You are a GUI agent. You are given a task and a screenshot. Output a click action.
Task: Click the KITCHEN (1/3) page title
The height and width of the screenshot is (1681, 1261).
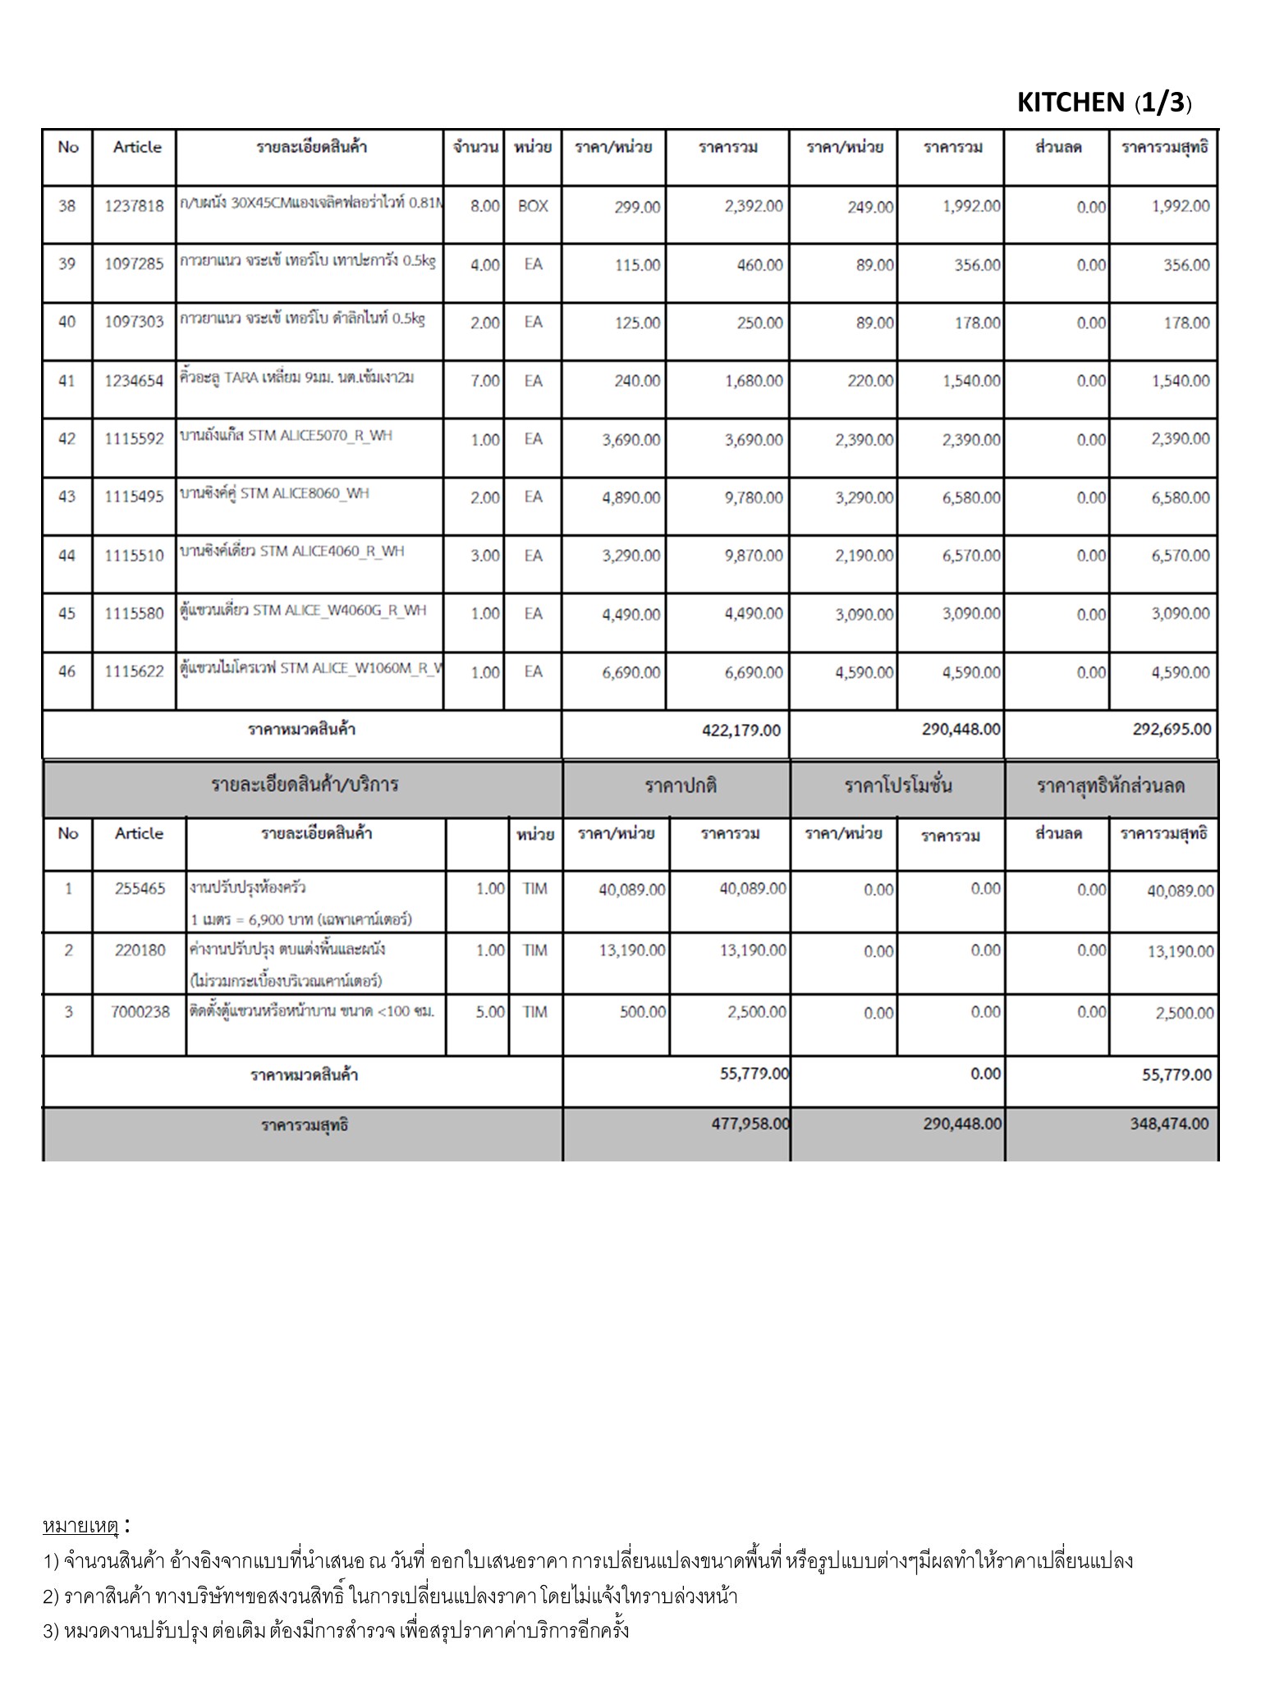[x=1103, y=103]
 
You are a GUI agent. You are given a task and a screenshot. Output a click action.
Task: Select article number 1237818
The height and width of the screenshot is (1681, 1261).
[x=134, y=206]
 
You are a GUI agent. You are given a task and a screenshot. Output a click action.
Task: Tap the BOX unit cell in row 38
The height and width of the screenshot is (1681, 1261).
[x=533, y=206]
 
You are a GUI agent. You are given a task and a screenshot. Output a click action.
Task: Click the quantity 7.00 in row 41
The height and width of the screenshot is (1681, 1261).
[x=484, y=381]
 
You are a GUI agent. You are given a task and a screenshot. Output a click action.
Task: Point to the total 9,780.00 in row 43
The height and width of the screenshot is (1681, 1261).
[x=753, y=497]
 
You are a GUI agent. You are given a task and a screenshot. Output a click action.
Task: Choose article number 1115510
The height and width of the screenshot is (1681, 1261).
[x=134, y=556]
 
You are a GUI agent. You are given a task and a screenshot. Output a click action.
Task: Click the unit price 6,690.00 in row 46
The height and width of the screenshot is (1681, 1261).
[x=630, y=672]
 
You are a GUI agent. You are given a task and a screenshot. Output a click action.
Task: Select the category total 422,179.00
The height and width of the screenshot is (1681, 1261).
[x=741, y=730]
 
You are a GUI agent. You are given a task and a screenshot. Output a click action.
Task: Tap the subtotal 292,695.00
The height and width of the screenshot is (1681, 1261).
[x=1172, y=729]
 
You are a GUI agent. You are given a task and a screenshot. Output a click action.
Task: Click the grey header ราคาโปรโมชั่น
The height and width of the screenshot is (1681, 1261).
[x=898, y=786]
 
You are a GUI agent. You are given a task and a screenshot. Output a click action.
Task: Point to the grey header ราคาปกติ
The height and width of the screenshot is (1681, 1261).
[x=681, y=786]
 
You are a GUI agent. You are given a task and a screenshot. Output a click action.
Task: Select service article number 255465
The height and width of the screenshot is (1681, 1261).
[x=140, y=888]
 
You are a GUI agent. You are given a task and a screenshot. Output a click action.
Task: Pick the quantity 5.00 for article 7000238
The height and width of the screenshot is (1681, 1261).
[x=490, y=1012]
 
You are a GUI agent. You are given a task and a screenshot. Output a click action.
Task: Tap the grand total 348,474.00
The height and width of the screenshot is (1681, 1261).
[x=1169, y=1124]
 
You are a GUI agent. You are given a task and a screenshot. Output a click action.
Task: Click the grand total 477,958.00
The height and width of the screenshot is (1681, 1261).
[x=750, y=1124]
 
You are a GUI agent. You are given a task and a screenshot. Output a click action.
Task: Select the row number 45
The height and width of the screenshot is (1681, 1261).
[x=66, y=613]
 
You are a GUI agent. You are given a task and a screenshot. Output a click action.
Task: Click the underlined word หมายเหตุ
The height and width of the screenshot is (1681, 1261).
[x=80, y=1526]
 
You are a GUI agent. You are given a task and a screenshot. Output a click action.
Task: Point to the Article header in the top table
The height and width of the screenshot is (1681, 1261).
[x=137, y=147]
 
